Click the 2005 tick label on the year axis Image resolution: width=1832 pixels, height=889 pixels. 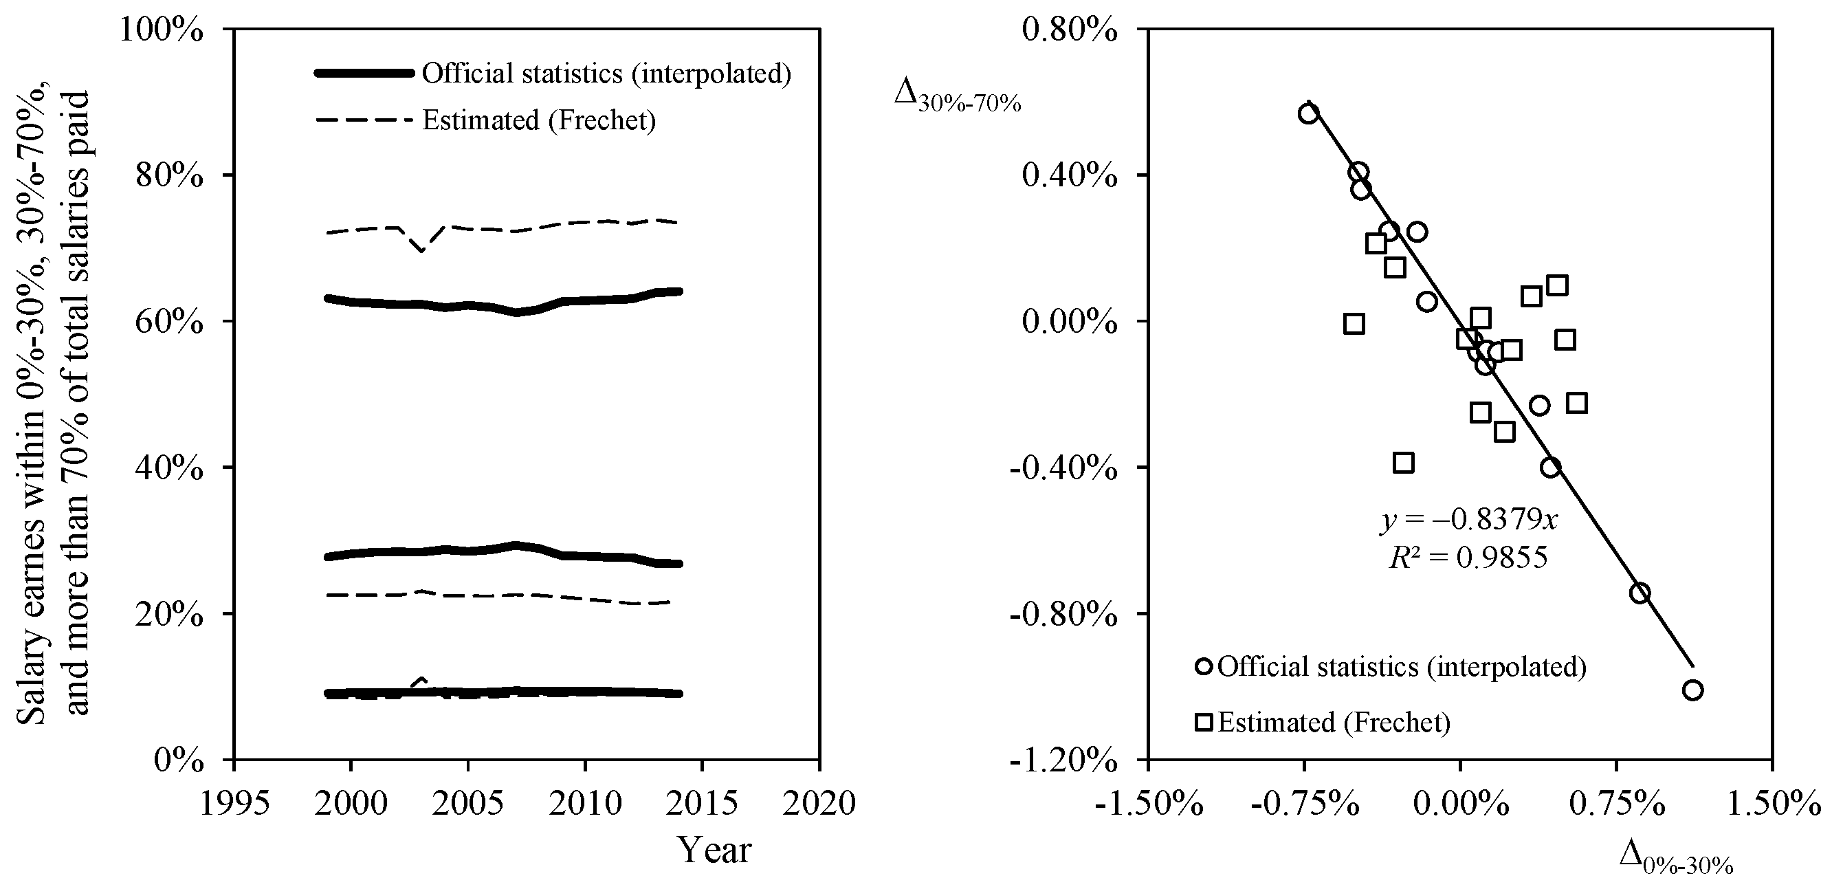pos(467,804)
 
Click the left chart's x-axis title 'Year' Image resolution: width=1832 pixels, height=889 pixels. pos(714,850)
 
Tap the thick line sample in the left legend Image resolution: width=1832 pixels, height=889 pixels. pos(364,73)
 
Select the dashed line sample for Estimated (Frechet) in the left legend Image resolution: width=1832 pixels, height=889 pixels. pos(364,120)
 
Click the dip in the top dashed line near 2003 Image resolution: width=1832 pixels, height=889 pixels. pos(421,250)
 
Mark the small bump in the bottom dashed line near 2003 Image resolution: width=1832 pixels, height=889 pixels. pos(421,681)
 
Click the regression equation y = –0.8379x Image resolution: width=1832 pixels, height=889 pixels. pos(1469,520)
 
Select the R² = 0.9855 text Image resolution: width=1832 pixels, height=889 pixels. pos(1468,558)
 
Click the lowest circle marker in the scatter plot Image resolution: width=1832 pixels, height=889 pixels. pos(1692,690)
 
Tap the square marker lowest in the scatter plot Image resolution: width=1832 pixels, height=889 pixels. pos(1403,463)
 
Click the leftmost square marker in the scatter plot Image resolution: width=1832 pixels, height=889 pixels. pos(1354,325)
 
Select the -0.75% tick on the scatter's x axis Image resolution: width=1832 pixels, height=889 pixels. pos(1304,804)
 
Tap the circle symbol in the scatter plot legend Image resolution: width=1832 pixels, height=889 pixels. pos(1204,666)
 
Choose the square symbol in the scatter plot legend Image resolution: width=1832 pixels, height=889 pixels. pos(1204,723)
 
